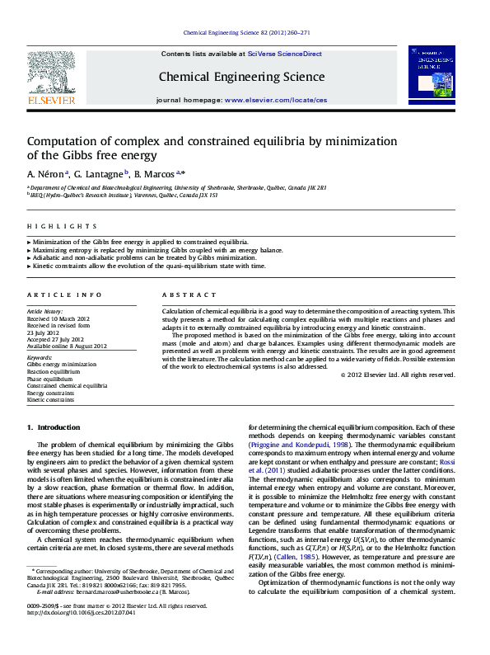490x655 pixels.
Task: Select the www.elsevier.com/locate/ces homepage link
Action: [x=276, y=100]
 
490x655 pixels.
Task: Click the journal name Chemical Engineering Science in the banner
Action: [x=241, y=78]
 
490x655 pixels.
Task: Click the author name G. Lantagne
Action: [x=99, y=175]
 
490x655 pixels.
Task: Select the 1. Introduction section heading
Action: [x=54, y=427]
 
